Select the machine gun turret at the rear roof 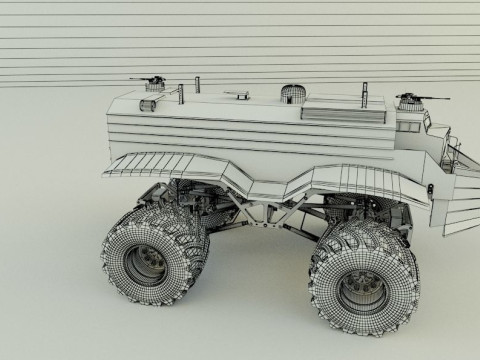pyautogui.click(x=152, y=80)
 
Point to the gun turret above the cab pyautogui.click(x=410, y=101)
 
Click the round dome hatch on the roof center pyautogui.click(x=293, y=94)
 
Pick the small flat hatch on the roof pyautogui.click(x=238, y=96)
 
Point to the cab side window pyautogui.click(x=409, y=126)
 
